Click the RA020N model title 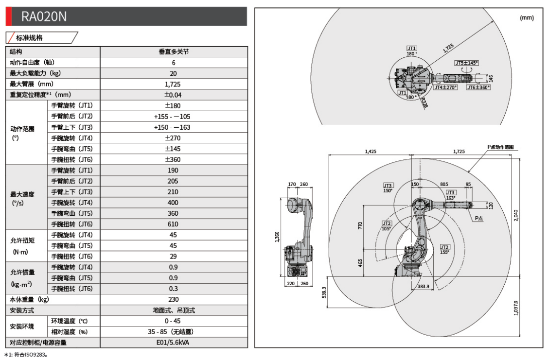[44, 17]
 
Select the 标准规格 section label [29, 37]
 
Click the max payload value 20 [174, 73]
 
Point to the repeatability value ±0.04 [174, 95]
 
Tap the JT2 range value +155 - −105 [174, 117]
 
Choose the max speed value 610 [174, 224]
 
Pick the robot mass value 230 [174, 299]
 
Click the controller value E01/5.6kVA [174, 343]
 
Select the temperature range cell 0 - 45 [174, 321]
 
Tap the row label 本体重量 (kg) [30, 299]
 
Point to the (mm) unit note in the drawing [527, 18]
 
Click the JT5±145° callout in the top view [466, 63]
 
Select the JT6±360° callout [478, 87]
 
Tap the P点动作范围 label [501, 147]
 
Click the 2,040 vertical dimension [516, 215]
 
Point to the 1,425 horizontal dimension [371, 152]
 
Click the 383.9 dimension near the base [424, 287]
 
